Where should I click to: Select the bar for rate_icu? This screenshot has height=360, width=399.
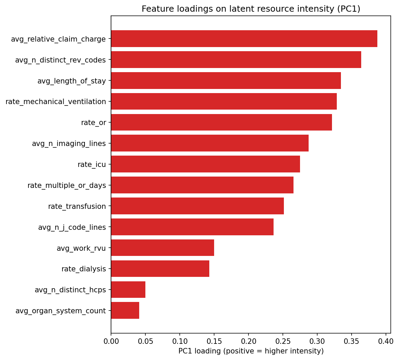(x=206, y=164)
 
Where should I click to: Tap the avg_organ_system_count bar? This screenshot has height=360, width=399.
(x=125, y=311)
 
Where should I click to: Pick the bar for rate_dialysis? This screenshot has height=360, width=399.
(x=160, y=269)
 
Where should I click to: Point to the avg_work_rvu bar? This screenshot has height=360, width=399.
(x=163, y=248)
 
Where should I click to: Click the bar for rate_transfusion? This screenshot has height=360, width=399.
(x=197, y=206)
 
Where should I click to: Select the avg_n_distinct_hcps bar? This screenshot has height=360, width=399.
(x=128, y=290)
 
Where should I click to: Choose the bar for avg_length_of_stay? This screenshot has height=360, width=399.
(x=226, y=81)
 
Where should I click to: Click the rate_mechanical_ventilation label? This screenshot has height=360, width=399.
(x=56, y=102)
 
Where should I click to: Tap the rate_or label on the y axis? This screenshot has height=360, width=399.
(x=93, y=123)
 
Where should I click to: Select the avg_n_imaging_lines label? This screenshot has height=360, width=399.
(x=69, y=144)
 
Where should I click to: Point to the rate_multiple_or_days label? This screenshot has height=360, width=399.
(x=67, y=185)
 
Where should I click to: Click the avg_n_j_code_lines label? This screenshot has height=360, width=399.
(x=72, y=227)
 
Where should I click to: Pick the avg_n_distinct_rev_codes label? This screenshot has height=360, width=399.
(x=60, y=60)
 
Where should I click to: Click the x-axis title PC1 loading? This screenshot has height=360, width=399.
(x=251, y=351)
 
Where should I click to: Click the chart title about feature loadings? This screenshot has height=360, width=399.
(x=251, y=9)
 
